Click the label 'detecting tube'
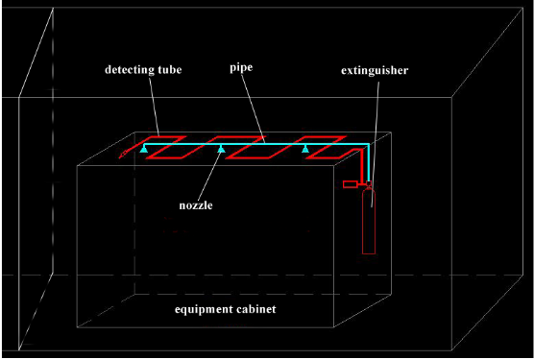click(143, 69)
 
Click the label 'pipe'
click(241, 69)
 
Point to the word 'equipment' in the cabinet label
click(207, 310)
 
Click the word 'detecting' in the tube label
click(128, 69)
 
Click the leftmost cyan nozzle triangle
click(143, 150)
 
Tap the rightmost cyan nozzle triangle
click(305, 150)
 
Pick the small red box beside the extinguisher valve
click(350, 181)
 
